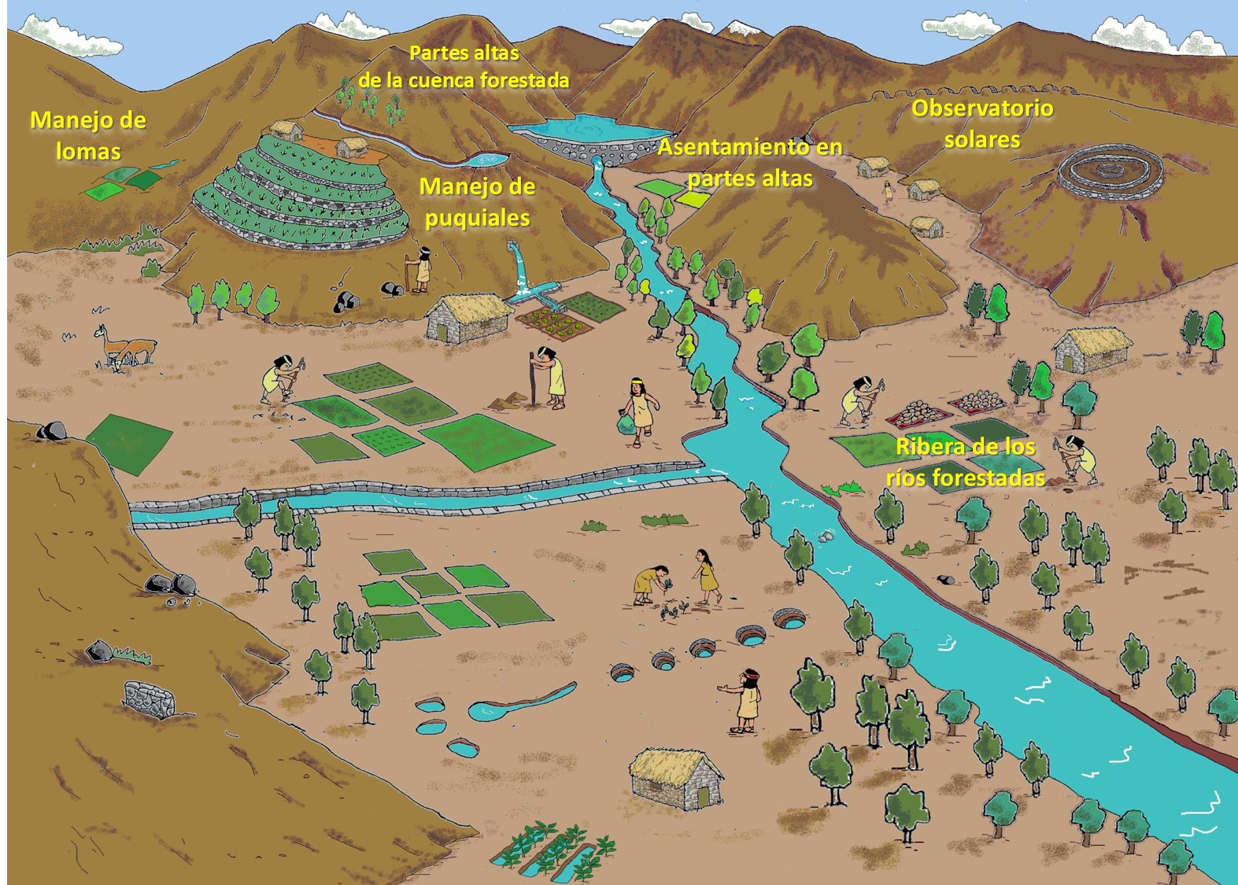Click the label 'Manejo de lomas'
[88, 135]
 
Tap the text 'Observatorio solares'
[982, 124]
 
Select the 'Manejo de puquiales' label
[477, 202]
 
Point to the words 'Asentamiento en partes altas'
[750, 162]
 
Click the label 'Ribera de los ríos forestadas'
[966, 463]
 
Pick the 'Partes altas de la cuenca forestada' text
[464, 67]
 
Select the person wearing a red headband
[748, 699]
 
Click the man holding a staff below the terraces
[422, 270]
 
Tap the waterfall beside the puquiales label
[519, 267]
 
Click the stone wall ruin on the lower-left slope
[150, 699]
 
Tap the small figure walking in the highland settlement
[889, 191]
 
